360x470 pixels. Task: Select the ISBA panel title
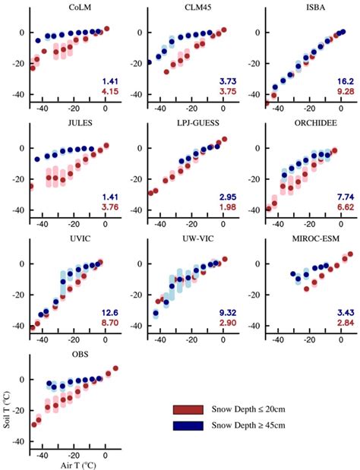click(310, 9)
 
